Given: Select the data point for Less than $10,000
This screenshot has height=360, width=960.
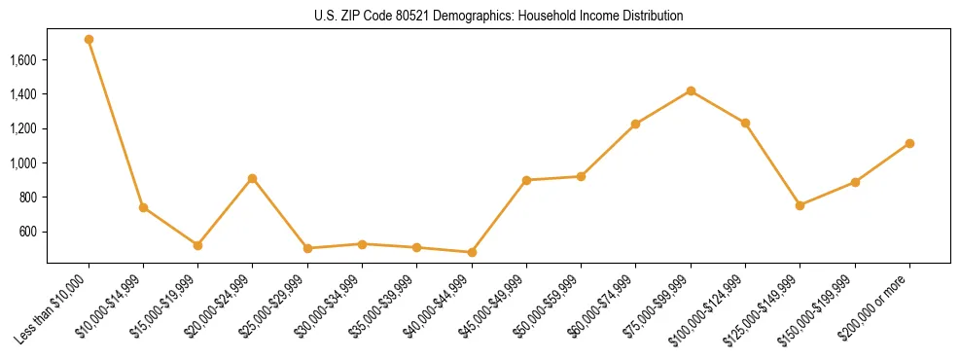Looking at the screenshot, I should (89, 40).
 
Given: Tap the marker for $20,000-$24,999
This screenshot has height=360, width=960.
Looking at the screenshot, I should (253, 178).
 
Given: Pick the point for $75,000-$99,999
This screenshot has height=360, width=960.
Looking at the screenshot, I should (691, 90).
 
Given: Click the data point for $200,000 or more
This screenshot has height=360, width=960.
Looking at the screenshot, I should (909, 143).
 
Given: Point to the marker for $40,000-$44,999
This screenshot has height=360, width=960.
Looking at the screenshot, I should (472, 252).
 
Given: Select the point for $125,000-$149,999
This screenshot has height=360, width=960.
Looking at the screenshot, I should (800, 205).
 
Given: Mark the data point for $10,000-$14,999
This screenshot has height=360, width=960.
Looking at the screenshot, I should (143, 207).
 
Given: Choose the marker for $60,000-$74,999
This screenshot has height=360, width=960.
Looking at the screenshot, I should (636, 124).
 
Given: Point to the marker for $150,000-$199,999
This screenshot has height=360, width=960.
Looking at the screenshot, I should (855, 182).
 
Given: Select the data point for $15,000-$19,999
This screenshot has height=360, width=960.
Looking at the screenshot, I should (197, 245).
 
